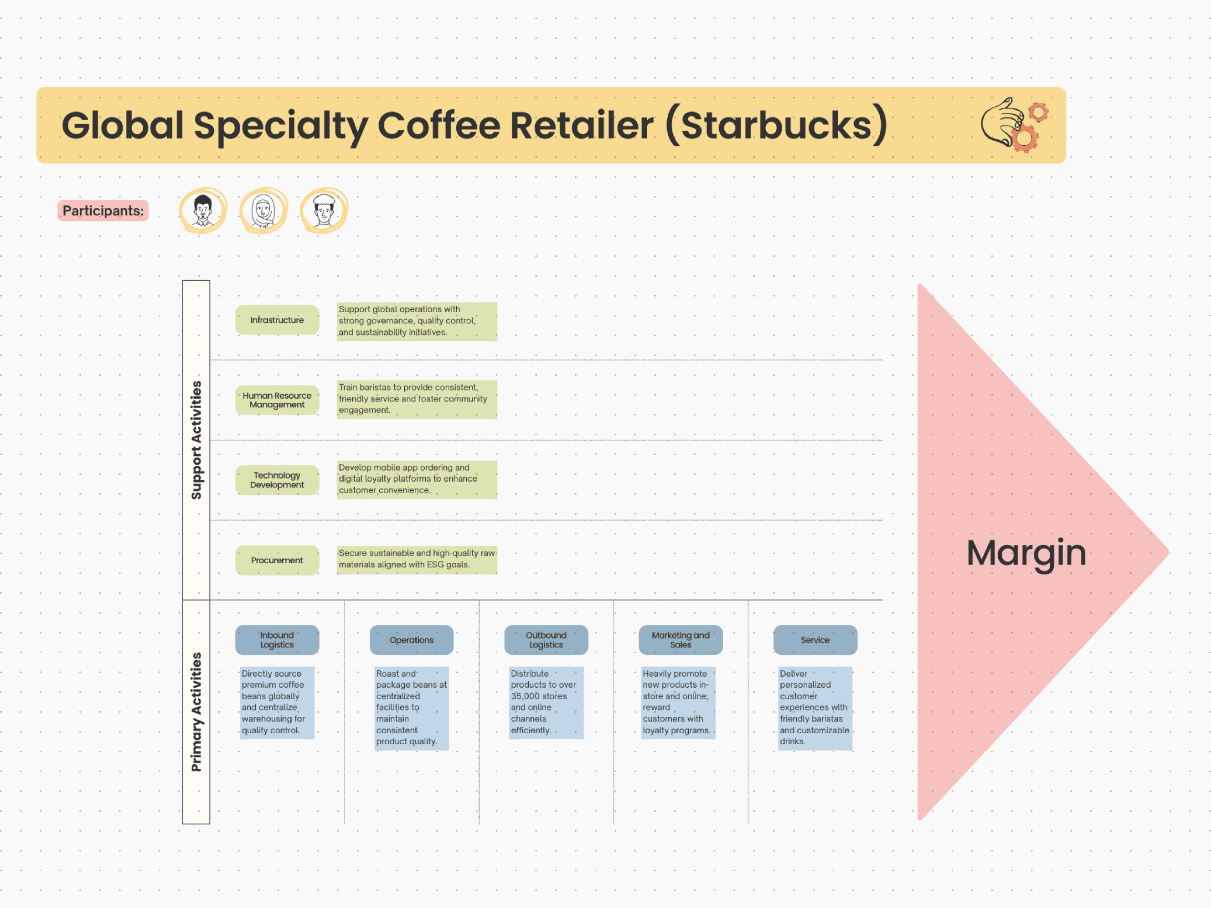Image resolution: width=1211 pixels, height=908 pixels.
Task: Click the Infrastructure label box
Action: [x=277, y=320]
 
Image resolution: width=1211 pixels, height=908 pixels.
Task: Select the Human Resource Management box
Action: [x=277, y=400]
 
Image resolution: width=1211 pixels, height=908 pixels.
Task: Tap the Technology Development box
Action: [x=277, y=480]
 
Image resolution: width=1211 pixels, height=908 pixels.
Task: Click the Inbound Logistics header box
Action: [x=277, y=640]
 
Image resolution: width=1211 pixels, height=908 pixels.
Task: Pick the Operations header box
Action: [x=412, y=640]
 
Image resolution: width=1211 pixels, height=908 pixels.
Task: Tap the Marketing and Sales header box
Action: [x=681, y=640]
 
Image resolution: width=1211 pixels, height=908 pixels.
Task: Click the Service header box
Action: [x=815, y=640]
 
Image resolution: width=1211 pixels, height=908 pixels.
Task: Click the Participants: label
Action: [x=103, y=211]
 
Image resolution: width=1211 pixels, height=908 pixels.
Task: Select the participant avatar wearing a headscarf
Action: [x=263, y=211]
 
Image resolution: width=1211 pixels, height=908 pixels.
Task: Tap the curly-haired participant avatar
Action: [x=323, y=211]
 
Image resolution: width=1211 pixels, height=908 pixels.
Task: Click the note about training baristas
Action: [x=417, y=399]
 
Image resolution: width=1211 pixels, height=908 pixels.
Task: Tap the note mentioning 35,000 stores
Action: [x=546, y=702]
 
